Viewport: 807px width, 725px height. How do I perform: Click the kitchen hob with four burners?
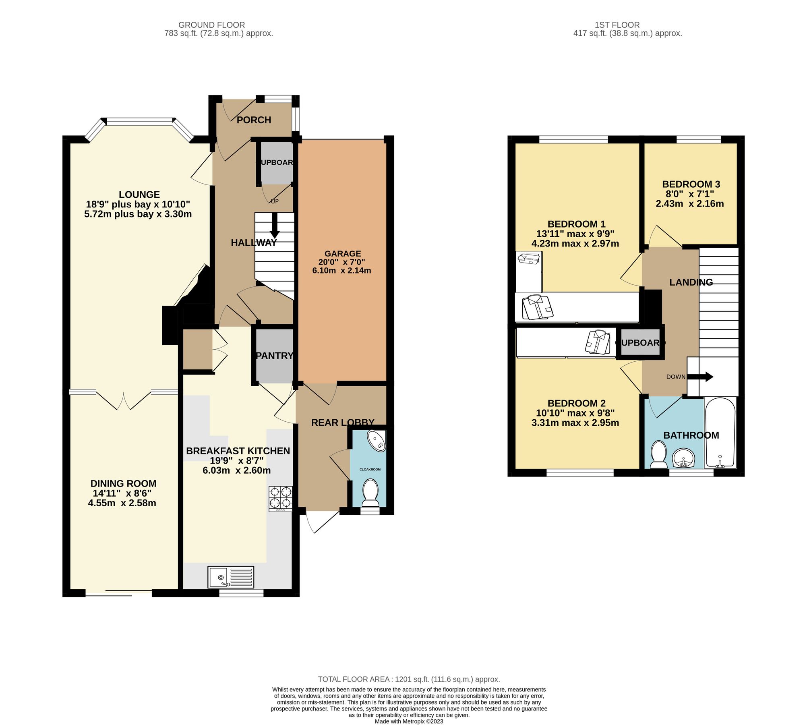coord(281,499)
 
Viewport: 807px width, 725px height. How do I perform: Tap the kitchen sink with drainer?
coord(231,577)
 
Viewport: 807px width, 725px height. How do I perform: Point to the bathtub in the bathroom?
coord(720,433)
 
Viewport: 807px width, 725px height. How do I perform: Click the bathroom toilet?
coord(659,454)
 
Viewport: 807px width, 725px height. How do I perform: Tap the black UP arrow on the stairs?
coord(275,225)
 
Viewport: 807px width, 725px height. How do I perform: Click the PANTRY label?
coord(275,356)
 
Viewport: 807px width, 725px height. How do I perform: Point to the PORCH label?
coord(254,120)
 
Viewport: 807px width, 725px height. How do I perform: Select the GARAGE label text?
coord(343,253)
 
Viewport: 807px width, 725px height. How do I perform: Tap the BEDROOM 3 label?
coord(691,184)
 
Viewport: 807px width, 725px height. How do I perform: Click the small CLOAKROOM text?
coord(370,469)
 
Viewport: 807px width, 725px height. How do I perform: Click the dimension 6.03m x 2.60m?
coord(237,470)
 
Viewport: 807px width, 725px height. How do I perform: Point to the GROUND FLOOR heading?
coord(211,25)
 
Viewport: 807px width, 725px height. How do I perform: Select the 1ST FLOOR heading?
coord(617,25)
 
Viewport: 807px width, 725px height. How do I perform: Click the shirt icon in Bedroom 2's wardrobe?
coord(596,342)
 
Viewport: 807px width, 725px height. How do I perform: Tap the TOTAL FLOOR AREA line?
coord(409,679)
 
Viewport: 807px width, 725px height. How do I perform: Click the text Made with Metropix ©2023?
coord(409,721)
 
